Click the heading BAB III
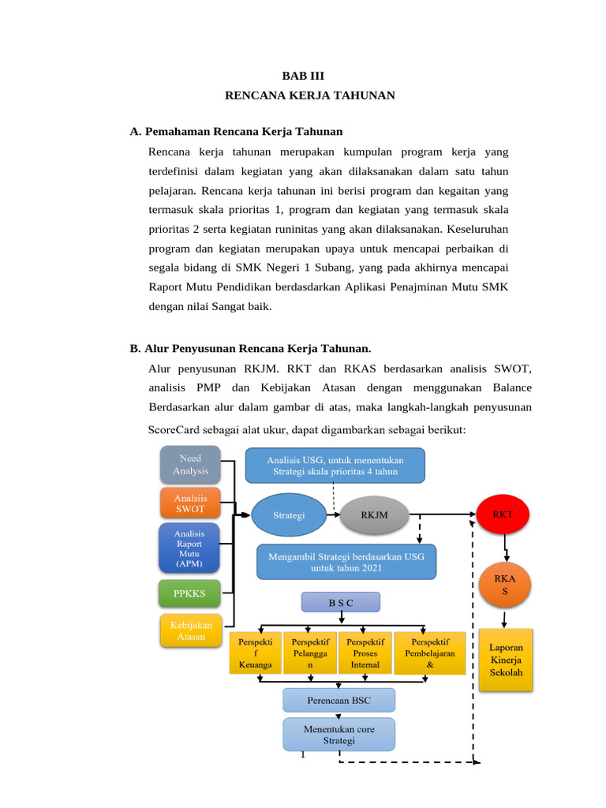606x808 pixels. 303,76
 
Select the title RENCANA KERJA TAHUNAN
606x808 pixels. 309,95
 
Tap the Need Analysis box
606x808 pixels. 190,465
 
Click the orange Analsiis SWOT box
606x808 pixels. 189,503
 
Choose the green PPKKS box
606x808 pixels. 189,591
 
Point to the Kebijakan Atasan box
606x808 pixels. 191,631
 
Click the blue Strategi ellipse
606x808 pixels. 289,515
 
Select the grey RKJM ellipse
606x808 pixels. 374,515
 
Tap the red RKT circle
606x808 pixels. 503,514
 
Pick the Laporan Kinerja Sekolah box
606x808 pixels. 506,660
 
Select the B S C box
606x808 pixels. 341,603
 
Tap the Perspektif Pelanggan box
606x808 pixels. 310,653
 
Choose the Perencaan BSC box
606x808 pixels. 339,700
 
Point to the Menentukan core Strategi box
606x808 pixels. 339,735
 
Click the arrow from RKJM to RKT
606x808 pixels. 442,514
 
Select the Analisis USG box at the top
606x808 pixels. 335,466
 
